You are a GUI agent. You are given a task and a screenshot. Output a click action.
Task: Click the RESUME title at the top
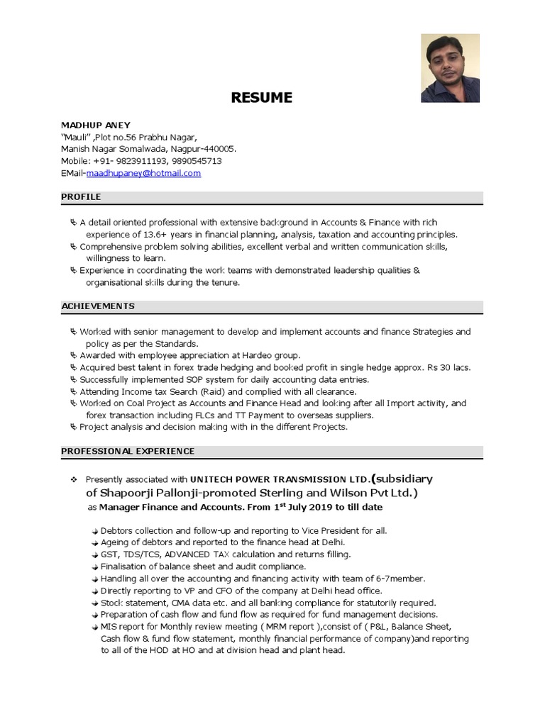pos(261,98)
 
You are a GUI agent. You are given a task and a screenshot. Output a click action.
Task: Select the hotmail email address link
pos(153,173)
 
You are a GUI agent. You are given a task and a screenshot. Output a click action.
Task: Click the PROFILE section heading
pos(81,196)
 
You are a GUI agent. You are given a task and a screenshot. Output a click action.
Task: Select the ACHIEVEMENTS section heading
pos(97,306)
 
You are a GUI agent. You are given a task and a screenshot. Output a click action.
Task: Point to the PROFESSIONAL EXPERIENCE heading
pos(128,451)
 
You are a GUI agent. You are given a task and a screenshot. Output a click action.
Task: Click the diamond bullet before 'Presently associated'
pos(73,479)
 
